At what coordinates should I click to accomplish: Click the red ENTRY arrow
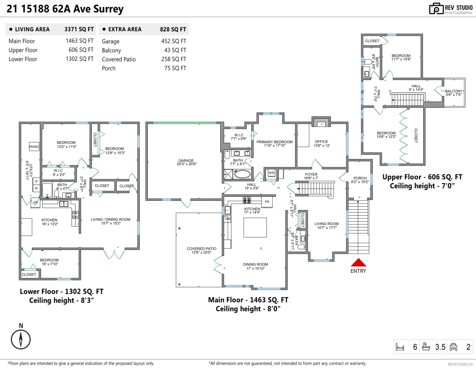pos(358,263)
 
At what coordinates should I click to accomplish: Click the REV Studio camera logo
pos(436,9)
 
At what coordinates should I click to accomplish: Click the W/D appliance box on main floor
pos(272,173)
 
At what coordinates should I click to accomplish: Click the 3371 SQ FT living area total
pos(79,29)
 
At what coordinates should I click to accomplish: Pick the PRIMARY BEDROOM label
pos(274,142)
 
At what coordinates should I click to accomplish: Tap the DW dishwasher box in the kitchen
pos(228,219)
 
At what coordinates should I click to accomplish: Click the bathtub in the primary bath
pos(242,174)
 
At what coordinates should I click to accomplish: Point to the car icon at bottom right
pos(453,347)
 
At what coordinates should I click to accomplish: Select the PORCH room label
pos(359,177)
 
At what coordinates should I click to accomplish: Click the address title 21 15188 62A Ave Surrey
pos(65,9)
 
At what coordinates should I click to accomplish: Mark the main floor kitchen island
pos(255,227)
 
